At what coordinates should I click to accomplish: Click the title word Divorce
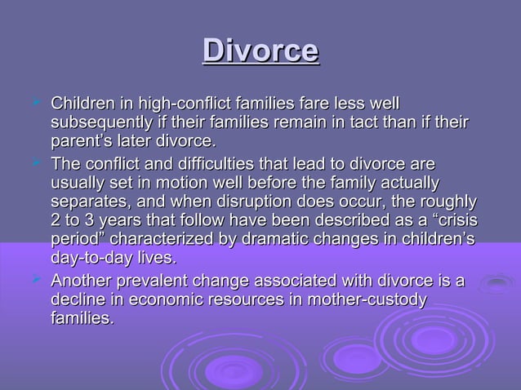pyautogui.click(x=260, y=51)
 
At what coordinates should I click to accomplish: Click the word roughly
pyautogui.click(x=448, y=201)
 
